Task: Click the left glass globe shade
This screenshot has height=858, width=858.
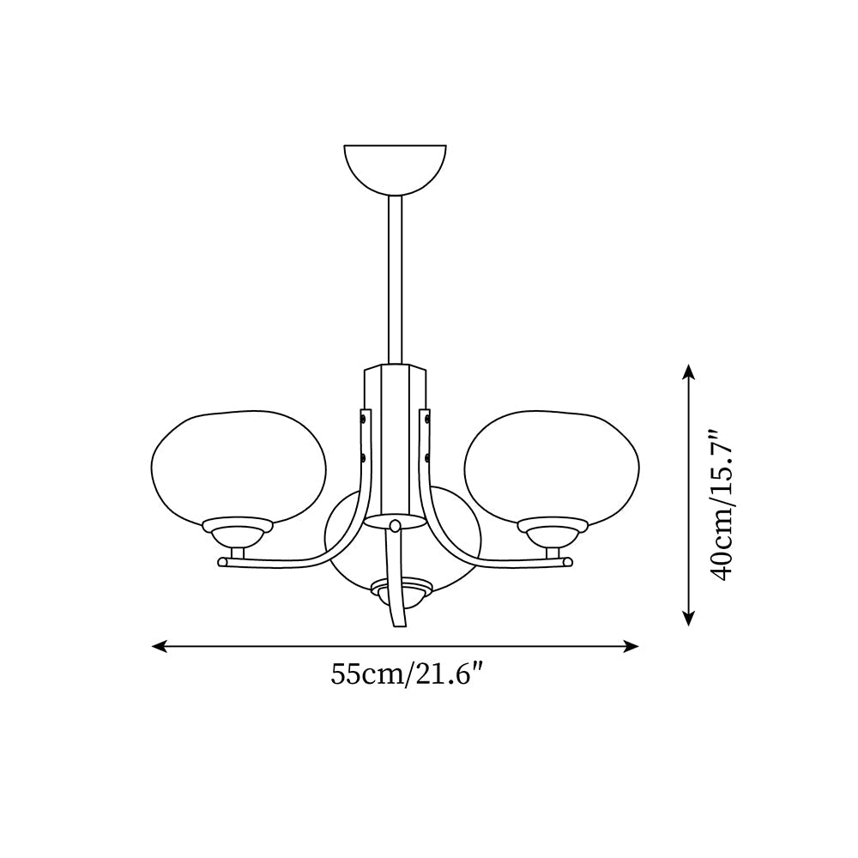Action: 238,464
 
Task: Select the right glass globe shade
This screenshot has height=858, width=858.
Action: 552,464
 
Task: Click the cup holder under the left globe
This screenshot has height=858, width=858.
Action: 237,532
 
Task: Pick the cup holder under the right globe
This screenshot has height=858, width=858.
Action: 553,532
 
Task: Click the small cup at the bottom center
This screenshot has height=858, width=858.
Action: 401,590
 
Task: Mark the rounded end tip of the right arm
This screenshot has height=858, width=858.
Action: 567,563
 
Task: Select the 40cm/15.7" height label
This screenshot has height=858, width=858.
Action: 725,506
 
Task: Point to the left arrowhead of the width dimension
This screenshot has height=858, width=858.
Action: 155,646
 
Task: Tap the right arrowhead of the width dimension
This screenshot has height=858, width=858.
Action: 635,646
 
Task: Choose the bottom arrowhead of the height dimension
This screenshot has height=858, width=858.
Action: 688,620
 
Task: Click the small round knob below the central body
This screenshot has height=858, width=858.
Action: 395,525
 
